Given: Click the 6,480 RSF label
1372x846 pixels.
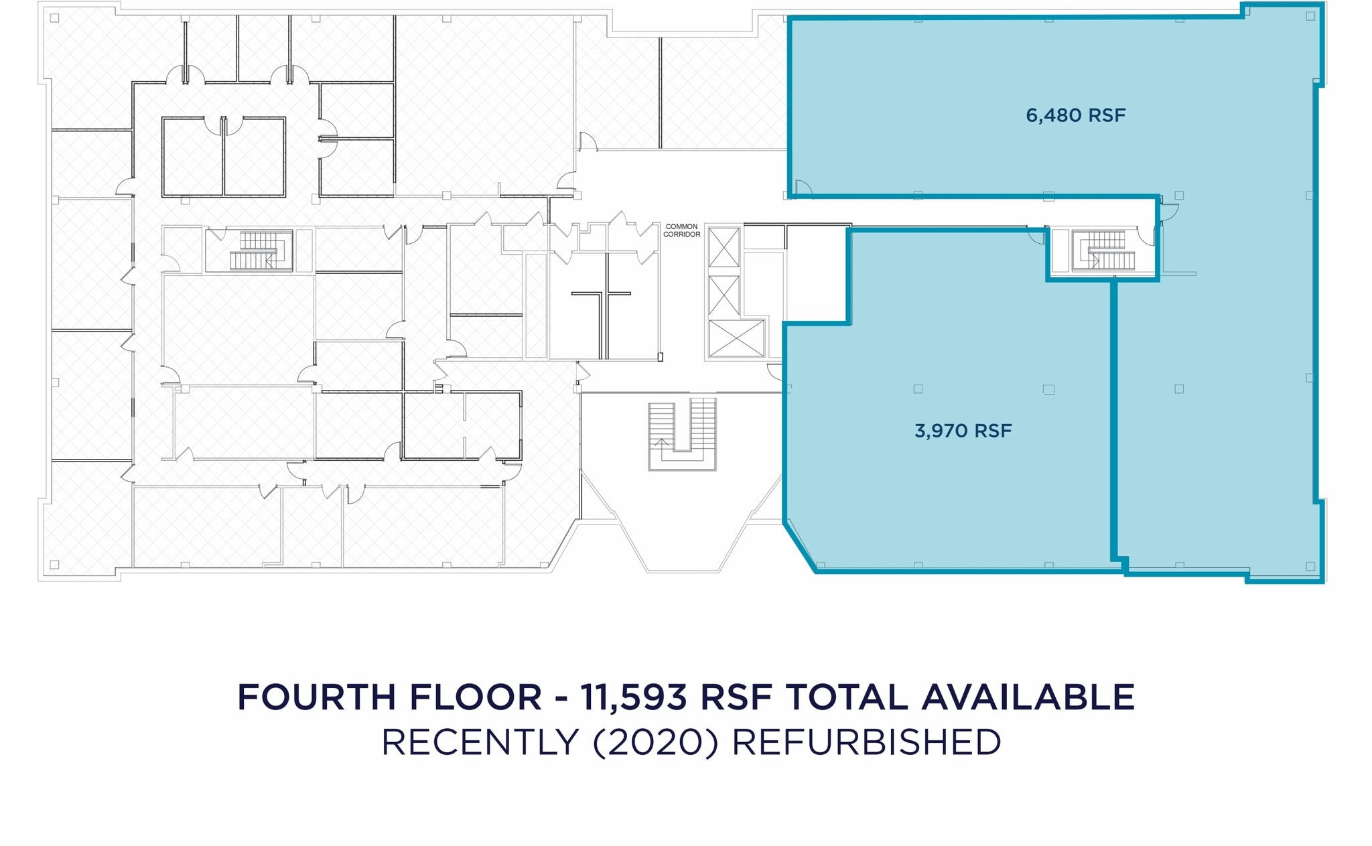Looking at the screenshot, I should tap(1075, 115).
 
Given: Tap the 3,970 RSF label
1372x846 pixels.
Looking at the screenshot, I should tap(963, 431).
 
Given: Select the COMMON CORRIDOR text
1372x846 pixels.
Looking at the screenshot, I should tap(681, 230).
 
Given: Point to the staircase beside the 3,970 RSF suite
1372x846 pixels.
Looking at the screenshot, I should tap(1102, 251).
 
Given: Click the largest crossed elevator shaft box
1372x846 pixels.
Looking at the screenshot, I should tap(736, 338).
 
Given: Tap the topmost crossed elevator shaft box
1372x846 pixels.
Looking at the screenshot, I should tap(724, 247).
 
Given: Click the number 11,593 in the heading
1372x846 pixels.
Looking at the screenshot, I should tap(633, 697).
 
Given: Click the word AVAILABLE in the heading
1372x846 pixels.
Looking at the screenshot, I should tap(1028, 697).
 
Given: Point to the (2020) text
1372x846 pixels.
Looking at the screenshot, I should tap(655, 742).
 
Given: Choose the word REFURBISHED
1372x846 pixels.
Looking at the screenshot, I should tap(866, 742).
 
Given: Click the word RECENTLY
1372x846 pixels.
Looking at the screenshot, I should tap(480, 742).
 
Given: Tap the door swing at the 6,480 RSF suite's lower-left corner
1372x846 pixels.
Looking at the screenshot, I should tap(803, 189).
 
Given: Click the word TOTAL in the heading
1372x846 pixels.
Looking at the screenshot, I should tap(847, 697).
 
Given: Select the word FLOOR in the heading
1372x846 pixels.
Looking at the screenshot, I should tap(475, 697).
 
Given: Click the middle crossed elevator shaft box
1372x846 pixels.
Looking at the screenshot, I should tap(724, 295).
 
